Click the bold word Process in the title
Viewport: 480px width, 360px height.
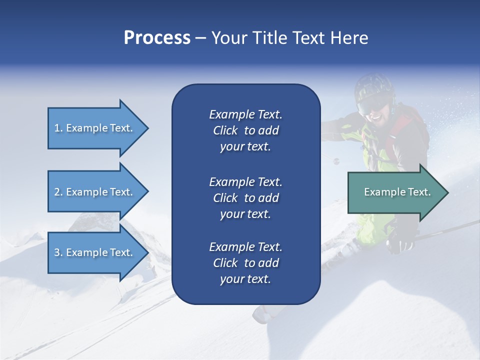157,38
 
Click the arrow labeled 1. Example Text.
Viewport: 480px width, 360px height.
95,128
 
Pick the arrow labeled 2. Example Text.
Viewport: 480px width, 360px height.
95,192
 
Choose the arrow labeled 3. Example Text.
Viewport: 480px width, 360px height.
95,252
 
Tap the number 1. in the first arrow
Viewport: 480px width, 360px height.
58,128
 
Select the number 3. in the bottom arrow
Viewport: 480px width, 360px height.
58,252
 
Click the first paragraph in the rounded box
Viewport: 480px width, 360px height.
245,130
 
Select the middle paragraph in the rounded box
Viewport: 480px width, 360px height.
245,198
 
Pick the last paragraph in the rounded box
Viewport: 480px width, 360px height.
245,263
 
